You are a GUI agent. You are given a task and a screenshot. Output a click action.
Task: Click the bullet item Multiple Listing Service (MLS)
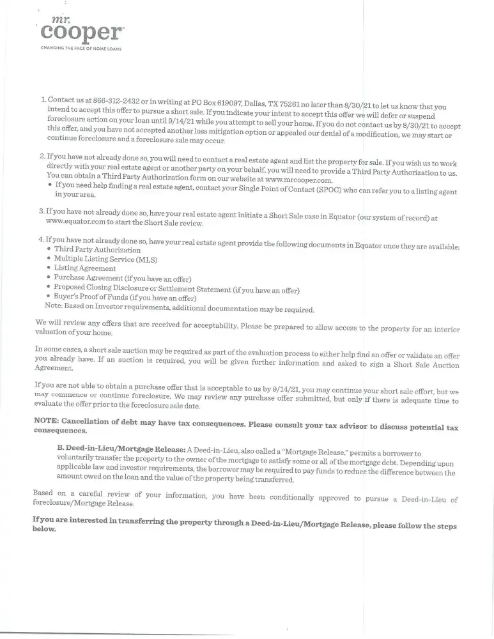coord(105,259)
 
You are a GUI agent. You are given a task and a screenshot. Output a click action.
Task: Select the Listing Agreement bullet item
coord(85,269)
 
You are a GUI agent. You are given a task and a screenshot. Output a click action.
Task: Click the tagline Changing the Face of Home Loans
coord(81,49)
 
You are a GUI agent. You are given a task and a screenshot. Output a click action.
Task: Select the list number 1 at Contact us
coord(42,100)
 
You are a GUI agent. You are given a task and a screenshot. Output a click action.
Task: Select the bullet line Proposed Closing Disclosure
coord(176,289)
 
